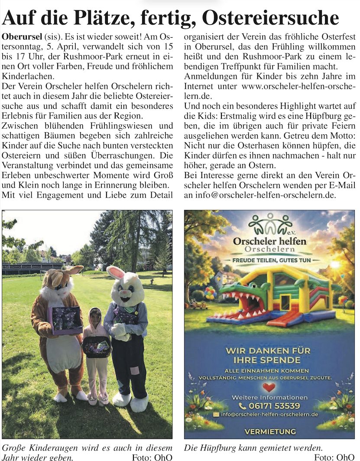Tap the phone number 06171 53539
coord(275,406)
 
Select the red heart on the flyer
coord(269,386)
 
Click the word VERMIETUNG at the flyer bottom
coord(270,432)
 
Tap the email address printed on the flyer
coord(270,415)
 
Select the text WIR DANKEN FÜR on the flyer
coord(269,351)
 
